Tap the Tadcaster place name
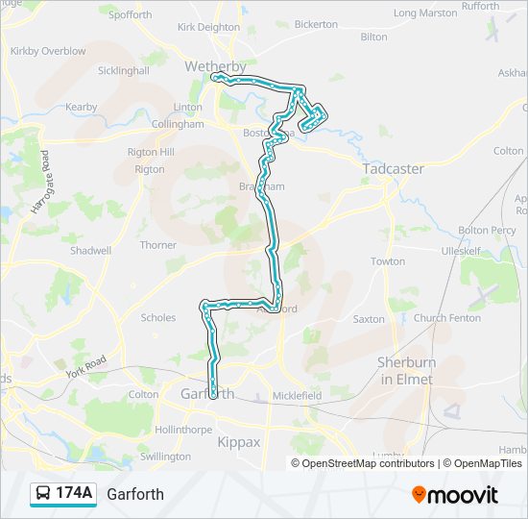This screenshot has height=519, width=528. [x=393, y=168]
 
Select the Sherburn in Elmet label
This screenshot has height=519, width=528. [x=404, y=370]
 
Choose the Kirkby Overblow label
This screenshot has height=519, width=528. [x=47, y=51]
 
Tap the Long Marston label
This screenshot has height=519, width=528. [x=425, y=13]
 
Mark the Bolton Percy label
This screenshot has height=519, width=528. [x=487, y=231]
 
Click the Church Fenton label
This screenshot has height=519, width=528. [x=447, y=318]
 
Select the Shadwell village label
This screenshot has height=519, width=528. [x=90, y=250]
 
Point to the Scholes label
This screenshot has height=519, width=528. [x=158, y=317]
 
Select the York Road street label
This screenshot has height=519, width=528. [x=84, y=366]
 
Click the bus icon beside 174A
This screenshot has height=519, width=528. [x=44, y=494]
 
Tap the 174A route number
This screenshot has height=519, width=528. [x=74, y=494]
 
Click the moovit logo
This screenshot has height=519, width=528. [x=455, y=495]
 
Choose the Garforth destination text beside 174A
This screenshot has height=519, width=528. [x=135, y=495]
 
